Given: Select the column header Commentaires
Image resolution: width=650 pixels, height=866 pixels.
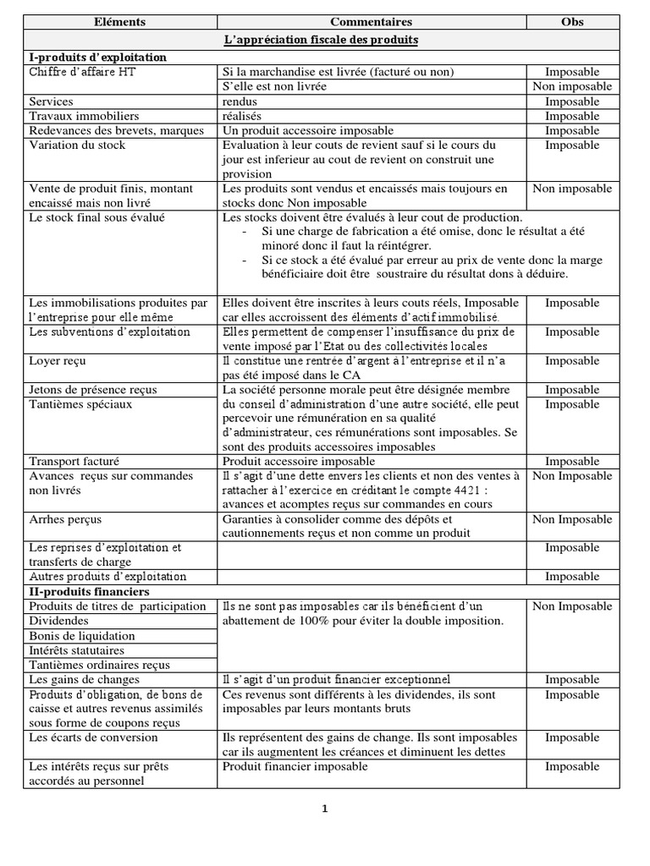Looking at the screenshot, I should click(x=371, y=22).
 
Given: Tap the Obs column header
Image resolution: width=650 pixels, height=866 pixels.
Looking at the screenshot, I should click(x=572, y=22).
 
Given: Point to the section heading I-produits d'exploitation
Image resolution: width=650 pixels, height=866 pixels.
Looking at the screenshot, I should click(x=98, y=57).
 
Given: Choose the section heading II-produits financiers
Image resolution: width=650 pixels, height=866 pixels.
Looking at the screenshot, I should click(x=89, y=591).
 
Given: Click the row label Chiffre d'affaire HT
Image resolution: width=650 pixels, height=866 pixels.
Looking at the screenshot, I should click(x=82, y=72).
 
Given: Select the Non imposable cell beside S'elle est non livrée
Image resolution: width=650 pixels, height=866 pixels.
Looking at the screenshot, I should click(x=572, y=86).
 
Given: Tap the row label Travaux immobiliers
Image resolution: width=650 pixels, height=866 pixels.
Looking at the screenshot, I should click(x=84, y=116).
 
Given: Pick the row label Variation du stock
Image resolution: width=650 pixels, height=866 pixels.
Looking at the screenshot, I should click(x=77, y=145).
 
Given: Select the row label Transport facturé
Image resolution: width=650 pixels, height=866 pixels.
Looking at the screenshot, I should click(x=74, y=462).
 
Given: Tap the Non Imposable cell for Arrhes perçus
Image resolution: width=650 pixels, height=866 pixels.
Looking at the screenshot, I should click(x=572, y=519).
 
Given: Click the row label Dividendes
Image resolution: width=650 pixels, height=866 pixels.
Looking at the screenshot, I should click(x=59, y=621).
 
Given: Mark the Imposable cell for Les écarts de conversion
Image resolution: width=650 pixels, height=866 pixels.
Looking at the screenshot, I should click(x=572, y=737).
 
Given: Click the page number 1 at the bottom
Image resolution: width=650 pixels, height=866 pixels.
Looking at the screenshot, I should click(x=325, y=808).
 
